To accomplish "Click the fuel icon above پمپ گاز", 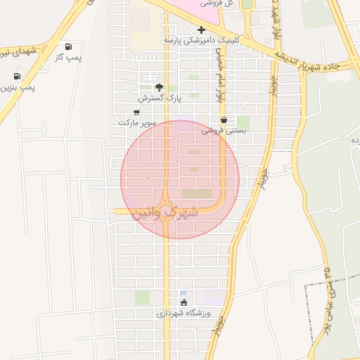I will pos(68,46).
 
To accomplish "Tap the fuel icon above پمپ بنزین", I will pos(16,77).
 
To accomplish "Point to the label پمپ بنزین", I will pos(17,87).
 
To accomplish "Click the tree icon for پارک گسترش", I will pos(160,87).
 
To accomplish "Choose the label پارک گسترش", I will pos(160,98).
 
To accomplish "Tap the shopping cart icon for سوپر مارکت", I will pos(136,112).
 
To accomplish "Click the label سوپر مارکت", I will pos(135,122).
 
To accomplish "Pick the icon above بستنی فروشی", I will pos(224,120).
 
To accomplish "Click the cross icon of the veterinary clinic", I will pos(202,30).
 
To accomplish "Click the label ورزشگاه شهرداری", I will pos(188,314).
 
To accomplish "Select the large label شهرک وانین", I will pos(165,210).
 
